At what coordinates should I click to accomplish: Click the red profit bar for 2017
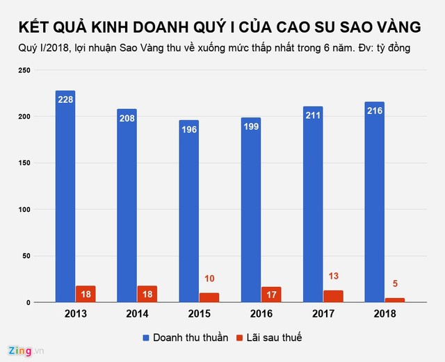333,296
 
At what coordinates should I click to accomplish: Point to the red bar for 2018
394,299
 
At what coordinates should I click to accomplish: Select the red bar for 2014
147,294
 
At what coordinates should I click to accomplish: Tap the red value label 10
210,279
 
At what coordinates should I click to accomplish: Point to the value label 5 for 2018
395,283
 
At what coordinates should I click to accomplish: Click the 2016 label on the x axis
260,313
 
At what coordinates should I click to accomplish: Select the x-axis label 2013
75,313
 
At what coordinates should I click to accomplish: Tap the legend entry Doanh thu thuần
184,337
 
